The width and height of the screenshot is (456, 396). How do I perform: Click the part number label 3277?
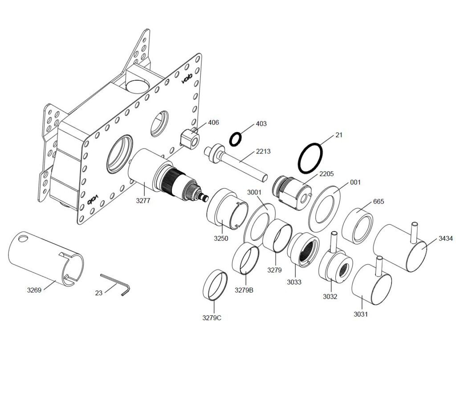click(143, 201)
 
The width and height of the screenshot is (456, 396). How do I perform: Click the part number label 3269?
click(34, 290)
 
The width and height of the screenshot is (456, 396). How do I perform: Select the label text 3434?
click(445, 239)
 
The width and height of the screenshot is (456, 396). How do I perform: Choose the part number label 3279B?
click(244, 290)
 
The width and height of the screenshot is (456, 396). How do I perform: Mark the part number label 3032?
click(330, 297)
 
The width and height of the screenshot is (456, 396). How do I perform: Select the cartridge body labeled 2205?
click(291, 191)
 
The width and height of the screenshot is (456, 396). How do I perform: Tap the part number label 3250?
click(220, 239)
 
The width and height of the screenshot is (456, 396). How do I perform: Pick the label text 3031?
click(361, 314)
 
